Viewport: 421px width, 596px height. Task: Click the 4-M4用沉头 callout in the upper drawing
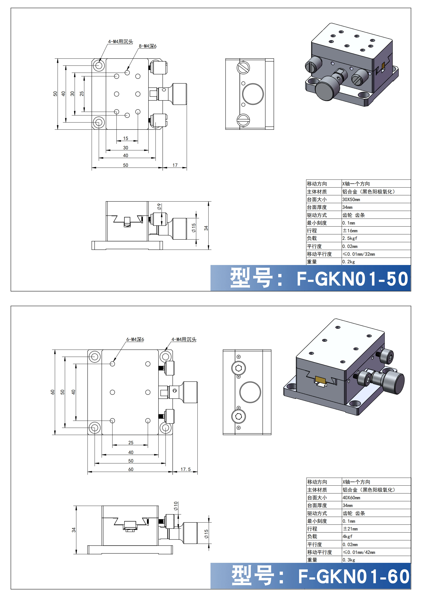click(120, 41)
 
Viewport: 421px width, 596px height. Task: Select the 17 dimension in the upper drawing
click(175, 165)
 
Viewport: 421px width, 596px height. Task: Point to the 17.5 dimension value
click(186, 469)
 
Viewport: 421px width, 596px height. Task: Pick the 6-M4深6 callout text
click(135, 339)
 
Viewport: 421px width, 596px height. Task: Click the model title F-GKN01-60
click(354, 577)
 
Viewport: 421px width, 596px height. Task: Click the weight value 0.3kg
click(349, 560)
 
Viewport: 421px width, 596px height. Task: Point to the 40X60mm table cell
click(351, 498)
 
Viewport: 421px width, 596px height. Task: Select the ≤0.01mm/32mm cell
click(359, 254)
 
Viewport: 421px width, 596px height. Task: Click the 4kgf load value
click(347, 537)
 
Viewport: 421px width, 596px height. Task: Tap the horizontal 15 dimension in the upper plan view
click(126, 138)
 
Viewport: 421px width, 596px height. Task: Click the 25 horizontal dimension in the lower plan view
click(131, 443)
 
